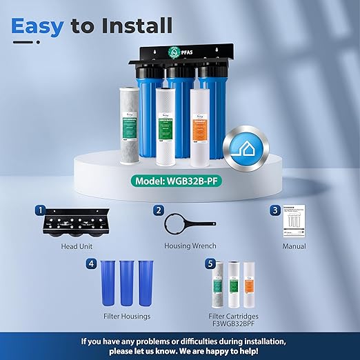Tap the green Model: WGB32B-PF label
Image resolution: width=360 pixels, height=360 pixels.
[179, 183]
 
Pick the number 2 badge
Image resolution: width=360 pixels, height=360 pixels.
[158, 210]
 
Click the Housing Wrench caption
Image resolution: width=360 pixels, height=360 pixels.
[190, 246]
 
